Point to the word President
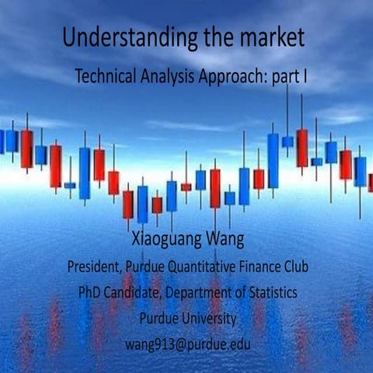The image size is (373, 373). click(94, 267)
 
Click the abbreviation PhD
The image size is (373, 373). click(91, 293)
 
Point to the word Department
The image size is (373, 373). click(206, 293)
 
